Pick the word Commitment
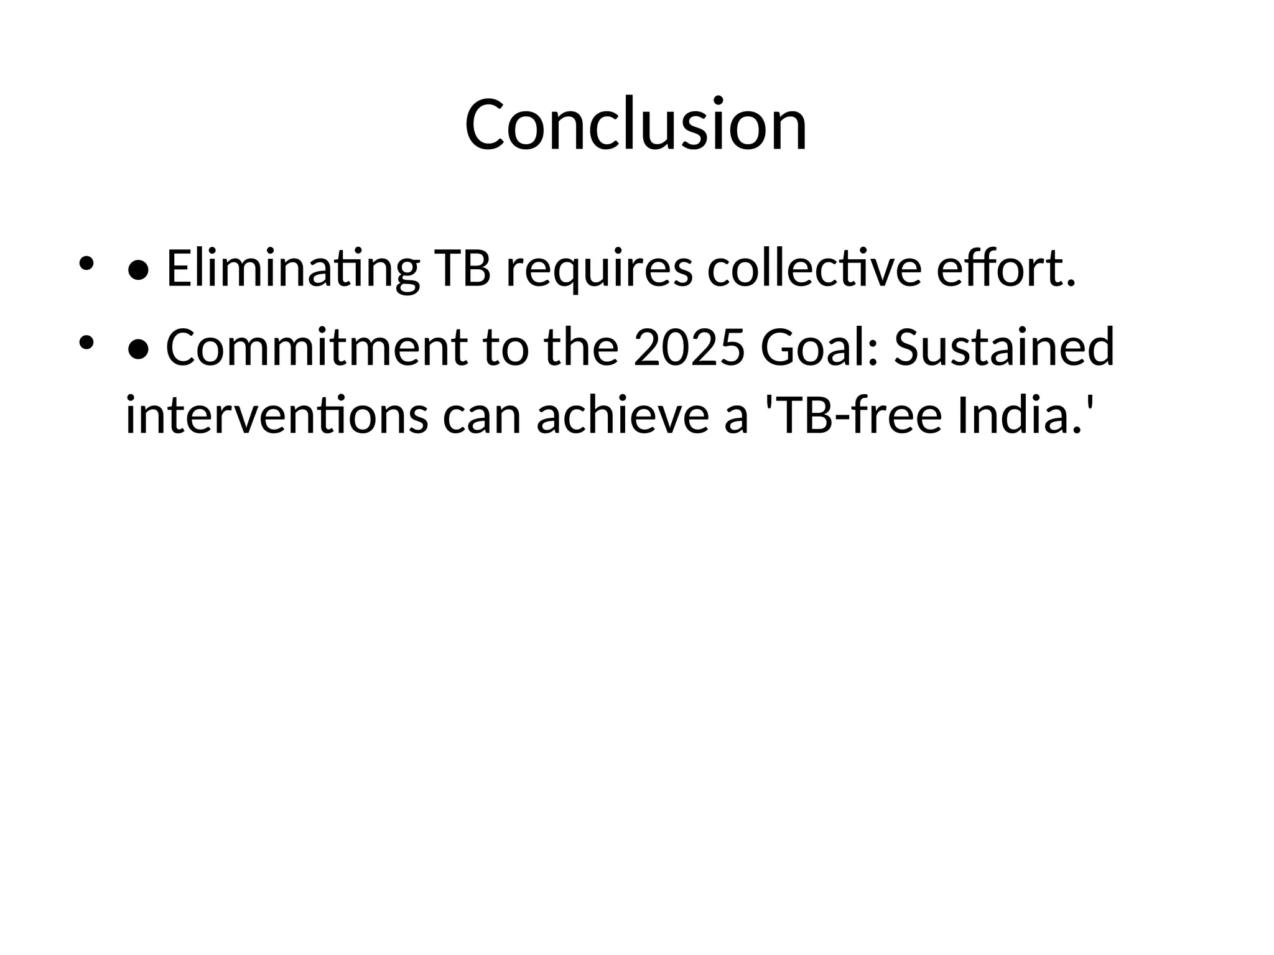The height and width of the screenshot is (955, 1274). [x=317, y=348]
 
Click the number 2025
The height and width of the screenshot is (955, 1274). [x=689, y=348]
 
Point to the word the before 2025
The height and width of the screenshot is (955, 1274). [x=582, y=348]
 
